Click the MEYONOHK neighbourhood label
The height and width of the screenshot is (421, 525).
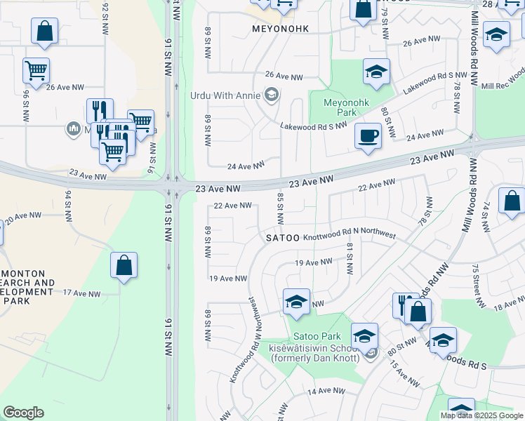(x=279, y=29)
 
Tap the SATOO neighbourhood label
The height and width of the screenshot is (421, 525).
(x=283, y=239)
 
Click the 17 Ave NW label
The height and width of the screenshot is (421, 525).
(x=81, y=294)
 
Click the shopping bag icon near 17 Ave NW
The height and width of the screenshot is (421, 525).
(x=124, y=266)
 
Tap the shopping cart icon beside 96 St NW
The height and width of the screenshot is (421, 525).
(x=36, y=70)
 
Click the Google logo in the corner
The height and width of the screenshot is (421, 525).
(x=23, y=413)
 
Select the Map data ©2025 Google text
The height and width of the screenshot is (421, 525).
(x=481, y=415)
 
